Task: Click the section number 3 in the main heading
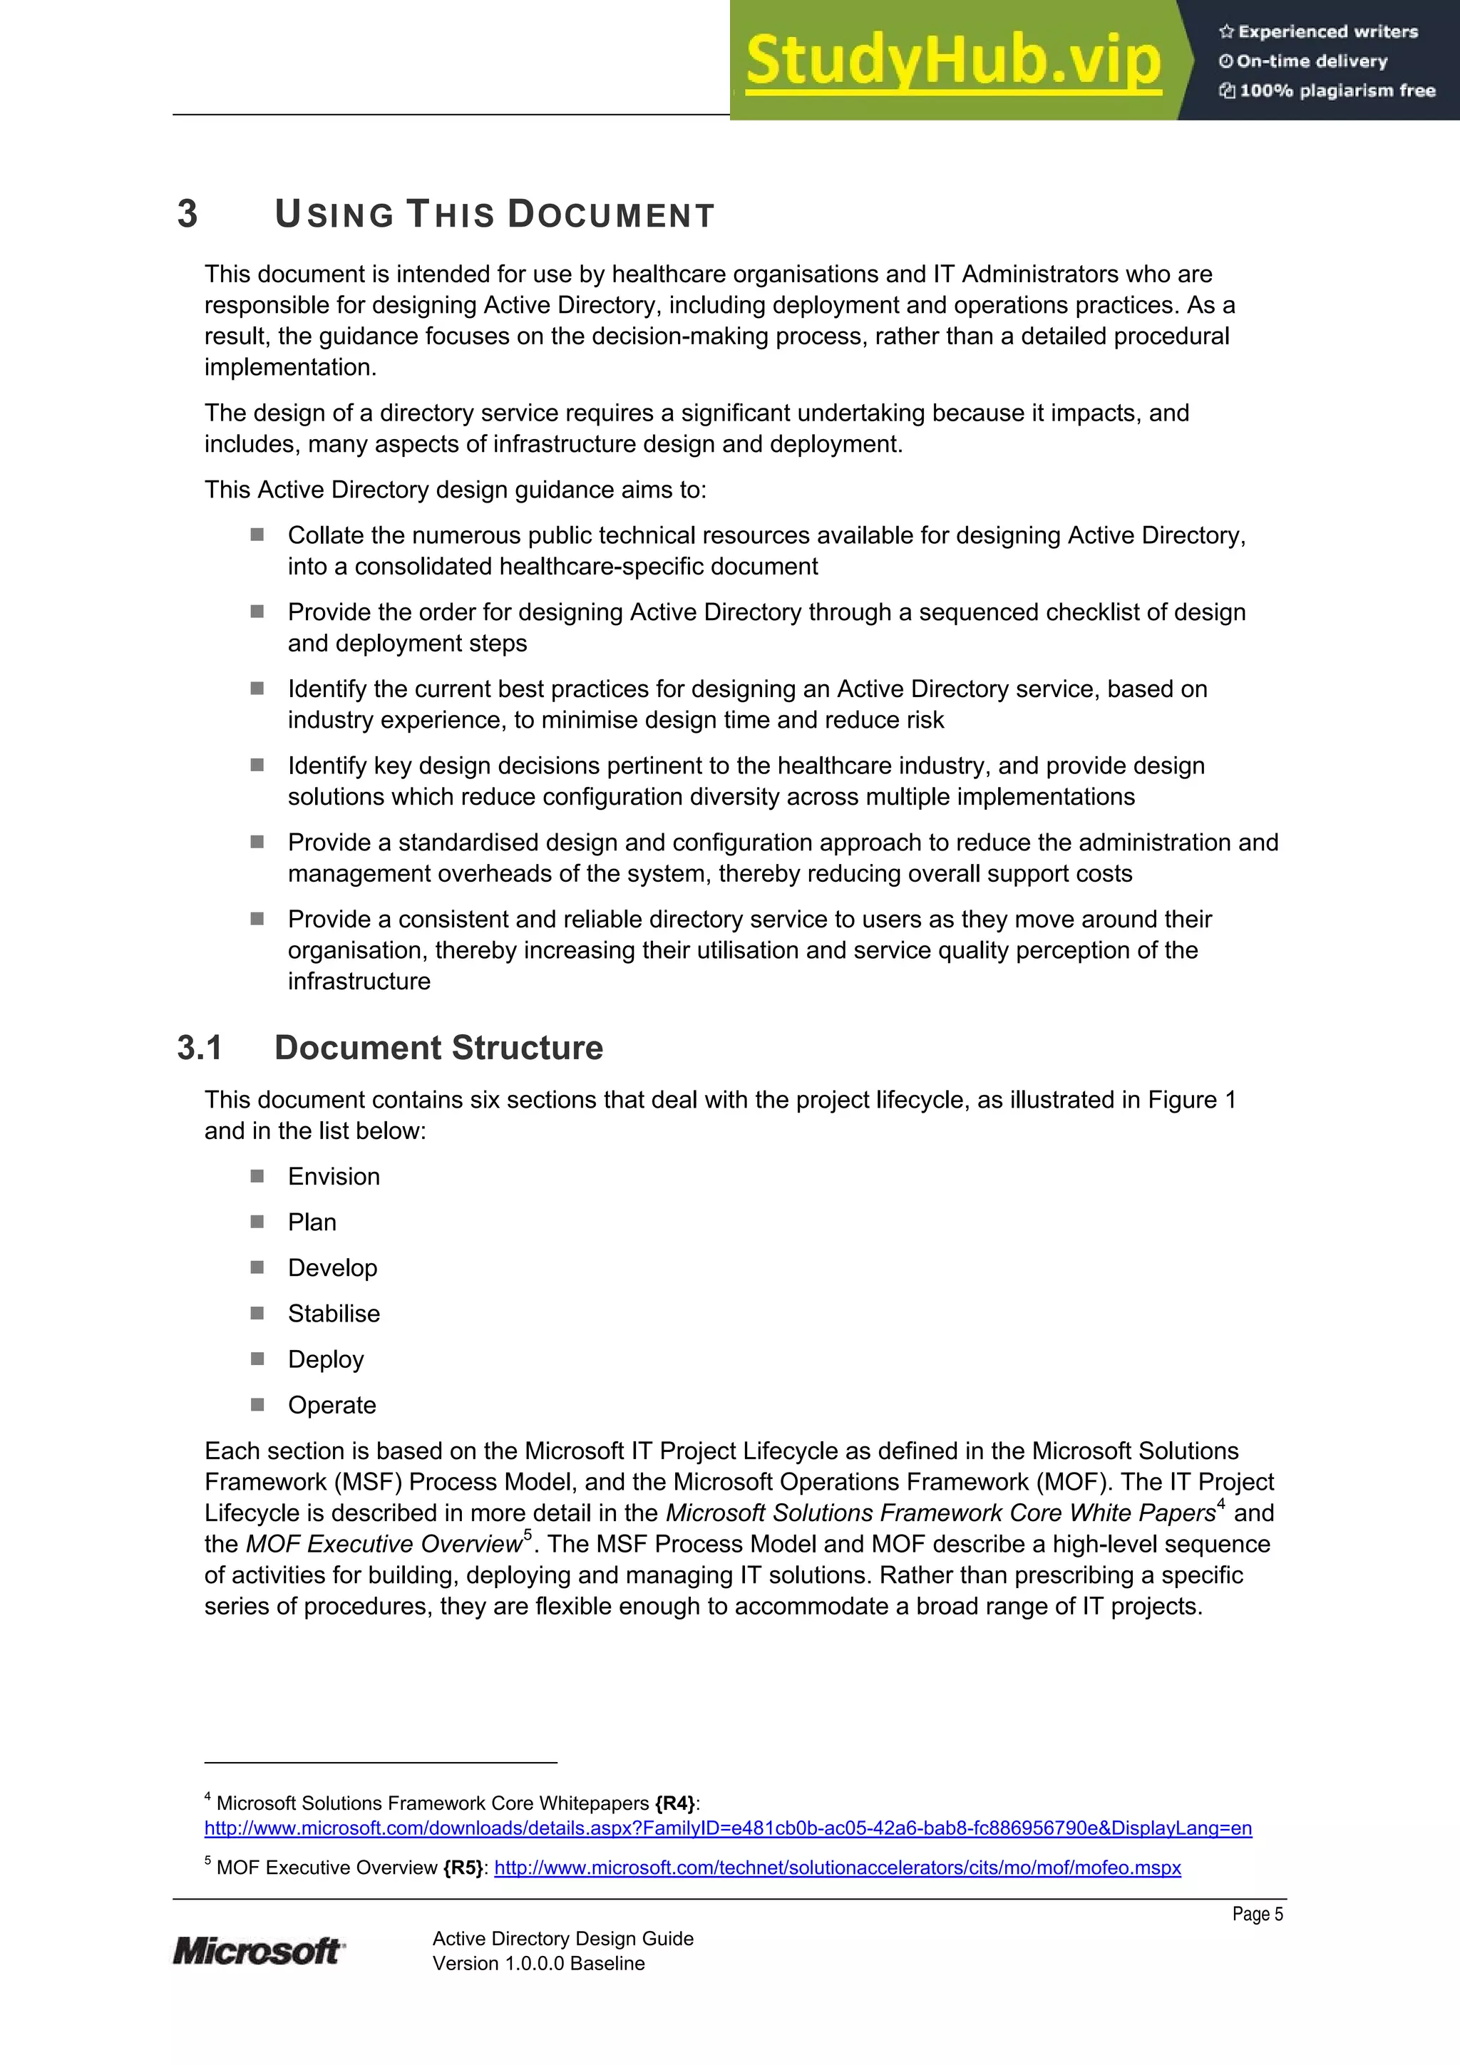tap(187, 214)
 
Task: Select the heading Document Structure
tap(438, 1048)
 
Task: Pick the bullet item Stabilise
tap(334, 1313)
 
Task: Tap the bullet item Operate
tap(332, 1405)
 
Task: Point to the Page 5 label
tap(1257, 1914)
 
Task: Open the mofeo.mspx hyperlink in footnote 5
tap(837, 1868)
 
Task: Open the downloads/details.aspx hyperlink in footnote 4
tap(727, 1828)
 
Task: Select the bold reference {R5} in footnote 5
tap(463, 1868)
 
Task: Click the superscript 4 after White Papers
tap(1220, 1504)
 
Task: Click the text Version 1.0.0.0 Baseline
tap(538, 1963)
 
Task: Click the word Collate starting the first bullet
tap(326, 535)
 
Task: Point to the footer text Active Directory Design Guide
tap(562, 1938)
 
